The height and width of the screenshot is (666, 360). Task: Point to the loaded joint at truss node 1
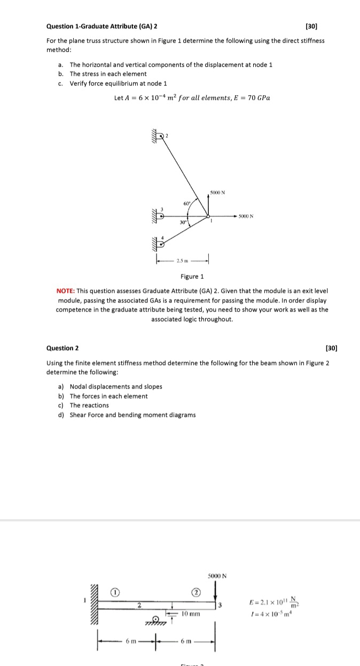pos(208,216)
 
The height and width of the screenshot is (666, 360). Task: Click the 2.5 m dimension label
pos(182,262)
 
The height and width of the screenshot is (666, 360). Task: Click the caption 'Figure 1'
pos(192,276)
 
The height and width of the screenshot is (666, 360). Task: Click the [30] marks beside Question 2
pos(331,348)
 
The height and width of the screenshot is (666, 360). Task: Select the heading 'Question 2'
pos(62,348)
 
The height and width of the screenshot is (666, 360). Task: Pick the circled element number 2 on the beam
pos(196,592)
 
